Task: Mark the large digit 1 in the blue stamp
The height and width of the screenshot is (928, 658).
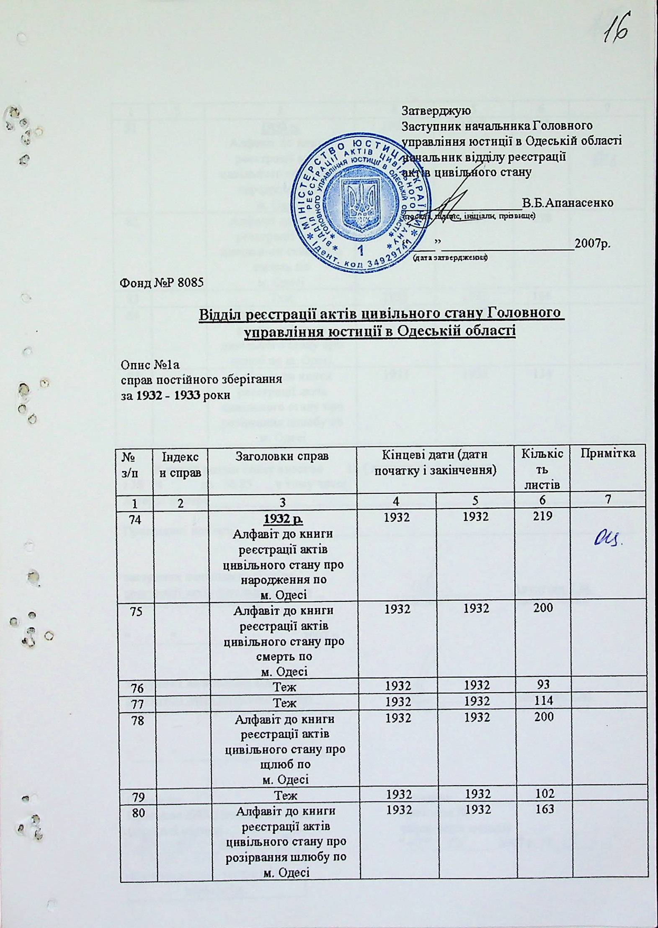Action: point(360,250)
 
